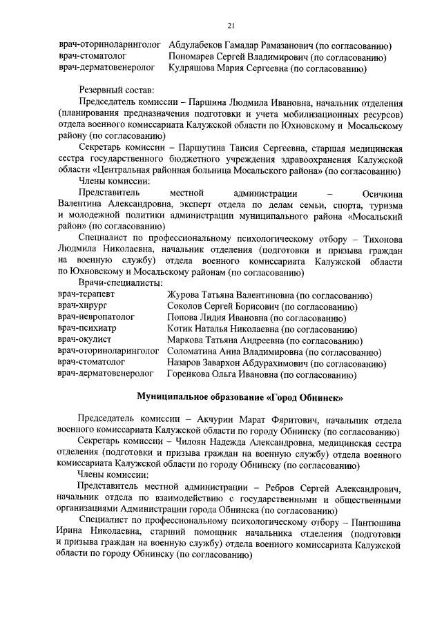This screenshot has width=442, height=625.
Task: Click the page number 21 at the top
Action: tap(231, 26)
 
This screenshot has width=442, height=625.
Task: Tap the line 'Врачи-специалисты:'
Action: tap(121, 283)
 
